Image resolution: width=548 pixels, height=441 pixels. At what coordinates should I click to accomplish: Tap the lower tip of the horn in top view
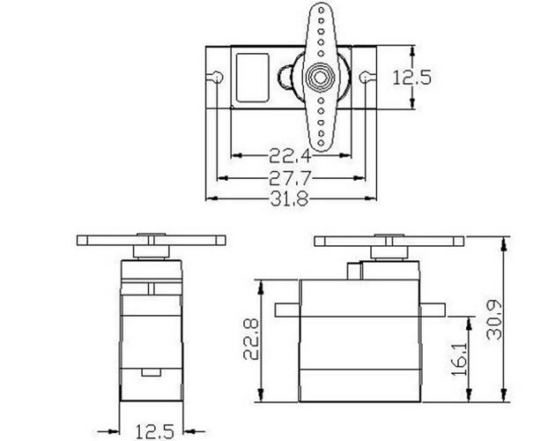tap(319, 146)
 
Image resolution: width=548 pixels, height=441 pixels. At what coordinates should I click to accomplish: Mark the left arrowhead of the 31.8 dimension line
tap(209, 199)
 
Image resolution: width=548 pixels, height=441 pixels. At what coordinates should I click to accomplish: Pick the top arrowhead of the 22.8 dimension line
tap(262, 282)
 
